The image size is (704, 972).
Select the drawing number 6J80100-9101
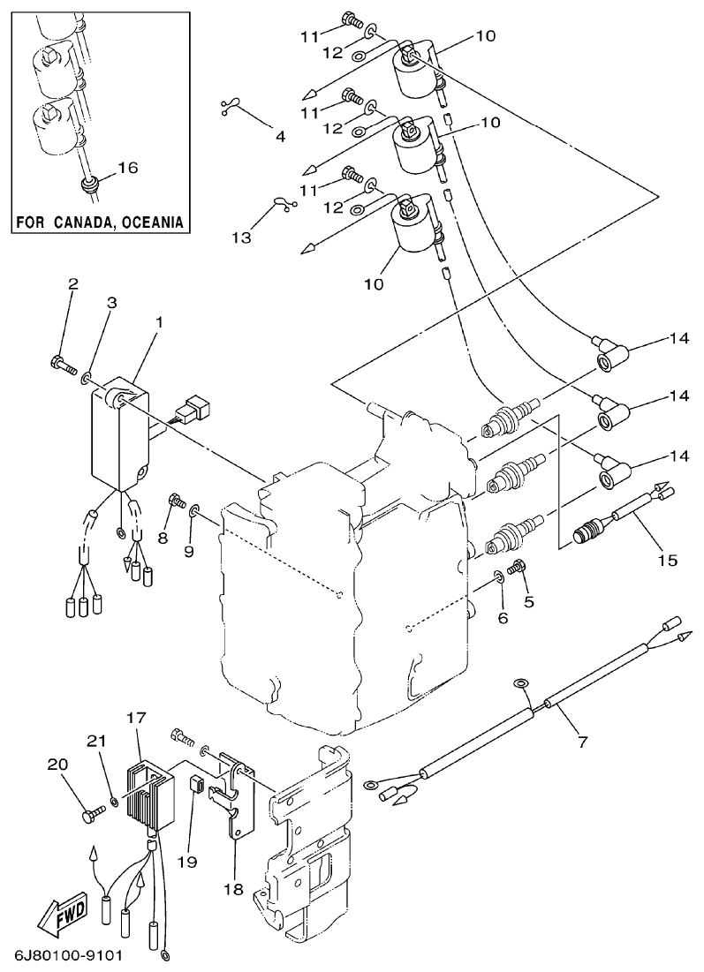tap(68, 957)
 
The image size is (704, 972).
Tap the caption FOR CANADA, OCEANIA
tap(102, 222)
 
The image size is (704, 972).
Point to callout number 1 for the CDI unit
tap(158, 323)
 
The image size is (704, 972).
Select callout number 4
tap(280, 137)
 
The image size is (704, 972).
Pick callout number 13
tap(241, 238)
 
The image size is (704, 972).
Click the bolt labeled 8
tap(176, 504)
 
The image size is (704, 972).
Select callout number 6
tap(503, 618)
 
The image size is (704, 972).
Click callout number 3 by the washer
tap(111, 303)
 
